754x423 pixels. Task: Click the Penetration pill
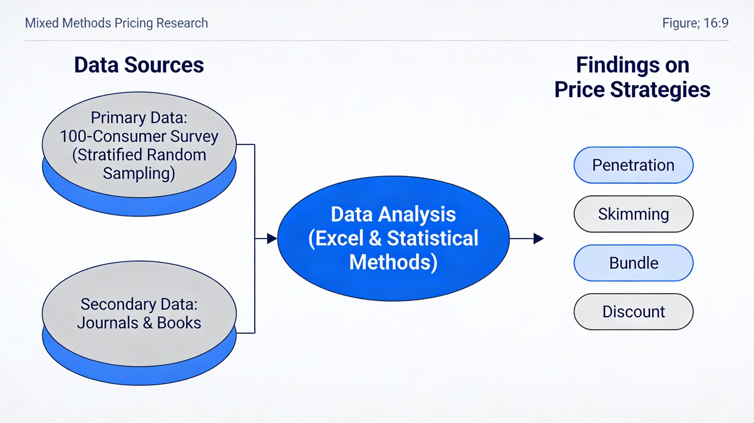pyautogui.click(x=633, y=165)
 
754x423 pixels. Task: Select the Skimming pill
pyautogui.click(x=633, y=214)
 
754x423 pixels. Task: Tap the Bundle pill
pyautogui.click(x=633, y=263)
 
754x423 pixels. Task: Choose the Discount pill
pyautogui.click(x=633, y=312)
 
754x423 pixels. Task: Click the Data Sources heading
pyautogui.click(x=139, y=65)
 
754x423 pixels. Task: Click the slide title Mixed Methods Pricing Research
pyautogui.click(x=116, y=23)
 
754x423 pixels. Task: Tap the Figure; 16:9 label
pyautogui.click(x=695, y=23)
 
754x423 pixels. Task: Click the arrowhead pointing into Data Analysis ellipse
pyautogui.click(x=272, y=238)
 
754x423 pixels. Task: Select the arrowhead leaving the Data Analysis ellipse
pyautogui.click(x=538, y=238)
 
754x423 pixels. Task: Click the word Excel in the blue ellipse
pyautogui.click(x=339, y=238)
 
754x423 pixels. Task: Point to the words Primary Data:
pyautogui.click(x=139, y=118)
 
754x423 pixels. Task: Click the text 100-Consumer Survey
pyautogui.click(x=139, y=136)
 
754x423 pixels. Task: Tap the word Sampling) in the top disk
pyautogui.click(x=139, y=173)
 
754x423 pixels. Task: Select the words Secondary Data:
pyautogui.click(x=139, y=304)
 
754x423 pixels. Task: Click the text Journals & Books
pyautogui.click(x=139, y=323)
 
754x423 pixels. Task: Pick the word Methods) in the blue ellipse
pyautogui.click(x=393, y=262)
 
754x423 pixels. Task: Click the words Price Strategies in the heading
pyautogui.click(x=632, y=89)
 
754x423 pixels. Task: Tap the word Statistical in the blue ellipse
pyautogui.click(x=433, y=238)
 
